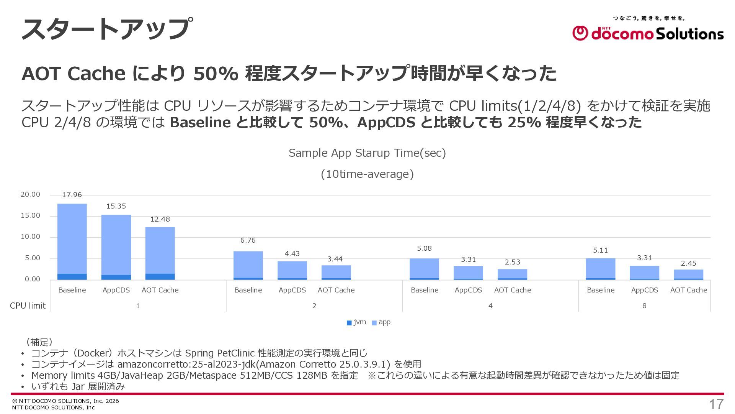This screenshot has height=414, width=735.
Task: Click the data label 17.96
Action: tap(72, 195)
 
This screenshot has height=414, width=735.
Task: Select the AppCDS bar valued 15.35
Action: tap(116, 247)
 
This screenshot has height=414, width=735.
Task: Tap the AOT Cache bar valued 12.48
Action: tap(160, 253)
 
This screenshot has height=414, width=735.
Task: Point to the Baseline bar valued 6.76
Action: tap(248, 266)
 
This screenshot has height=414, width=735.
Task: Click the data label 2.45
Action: tap(689, 263)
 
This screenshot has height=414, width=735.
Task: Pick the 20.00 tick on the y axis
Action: tap(30, 194)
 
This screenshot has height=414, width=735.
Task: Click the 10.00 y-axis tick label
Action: tap(30, 237)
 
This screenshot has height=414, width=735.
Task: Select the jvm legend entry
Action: tap(356, 322)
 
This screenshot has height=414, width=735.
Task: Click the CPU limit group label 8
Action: tap(644, 306)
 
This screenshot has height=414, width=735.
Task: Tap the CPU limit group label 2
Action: tap(314, 306)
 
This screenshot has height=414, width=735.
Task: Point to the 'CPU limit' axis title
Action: tap(28, 306)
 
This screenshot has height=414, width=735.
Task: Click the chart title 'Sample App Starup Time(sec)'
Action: tap(367, 153)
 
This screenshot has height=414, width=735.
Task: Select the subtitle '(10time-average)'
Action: tap(367, 174)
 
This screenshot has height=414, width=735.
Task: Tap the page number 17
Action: tap(716, 404)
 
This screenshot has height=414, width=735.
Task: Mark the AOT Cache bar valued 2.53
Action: tap(512, 274)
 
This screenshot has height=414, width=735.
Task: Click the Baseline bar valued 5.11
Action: tap(601, 269)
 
